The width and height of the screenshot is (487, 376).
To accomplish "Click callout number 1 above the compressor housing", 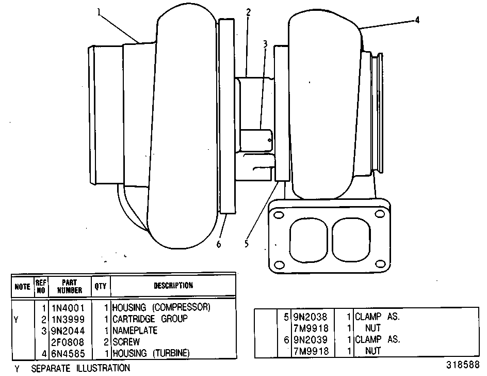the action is [99, 12].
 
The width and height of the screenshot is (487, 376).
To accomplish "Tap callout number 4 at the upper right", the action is [417, 20].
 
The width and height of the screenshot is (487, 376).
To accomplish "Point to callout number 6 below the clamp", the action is [219, 244].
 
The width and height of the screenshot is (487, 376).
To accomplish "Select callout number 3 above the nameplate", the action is [265, 44].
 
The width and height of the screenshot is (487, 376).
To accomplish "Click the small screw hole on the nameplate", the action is [270, 140].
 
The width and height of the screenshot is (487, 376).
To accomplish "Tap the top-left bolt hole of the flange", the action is [279, 215].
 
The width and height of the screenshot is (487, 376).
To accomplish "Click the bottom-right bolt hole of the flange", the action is [381, 264].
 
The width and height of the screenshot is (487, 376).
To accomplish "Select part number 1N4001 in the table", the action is [68, 308].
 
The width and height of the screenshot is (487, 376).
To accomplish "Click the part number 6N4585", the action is [68, 354].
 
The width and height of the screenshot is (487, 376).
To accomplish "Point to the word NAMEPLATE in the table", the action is [135, 330].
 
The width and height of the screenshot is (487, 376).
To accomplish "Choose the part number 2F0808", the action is [68, 342].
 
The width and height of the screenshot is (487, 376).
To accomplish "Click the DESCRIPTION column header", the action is [173, 286].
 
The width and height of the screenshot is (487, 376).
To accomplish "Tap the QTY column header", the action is [101, 286].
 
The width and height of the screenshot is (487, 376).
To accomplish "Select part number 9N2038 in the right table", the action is [310, 317].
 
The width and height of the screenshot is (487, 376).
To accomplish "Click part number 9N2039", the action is [310, 340].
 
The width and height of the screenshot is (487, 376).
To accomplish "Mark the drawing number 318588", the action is [463, 365].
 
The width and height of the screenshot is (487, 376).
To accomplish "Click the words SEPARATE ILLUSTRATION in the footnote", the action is [80, 369].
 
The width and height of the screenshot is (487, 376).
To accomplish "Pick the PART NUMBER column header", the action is [70, 287].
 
